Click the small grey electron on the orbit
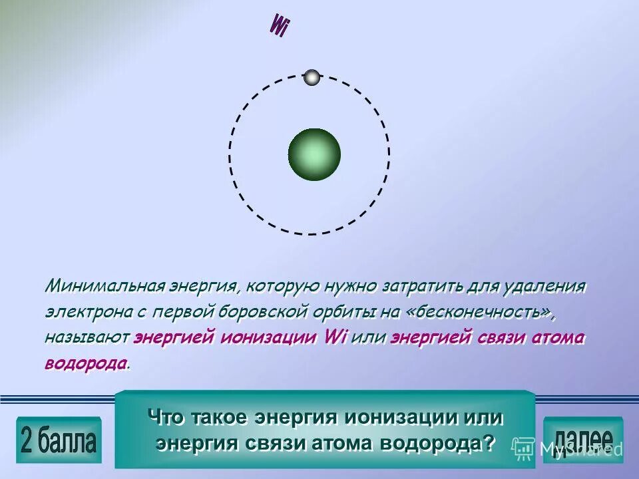tap(312, 77)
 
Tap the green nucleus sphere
tap(314, 154)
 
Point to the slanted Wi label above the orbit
tap(278, 26)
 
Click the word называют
tap(87, 337)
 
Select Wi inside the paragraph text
tap(335, 337)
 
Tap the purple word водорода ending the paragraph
tap(86, 363)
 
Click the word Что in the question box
tap(166, 418)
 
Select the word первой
tap(178, 312)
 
